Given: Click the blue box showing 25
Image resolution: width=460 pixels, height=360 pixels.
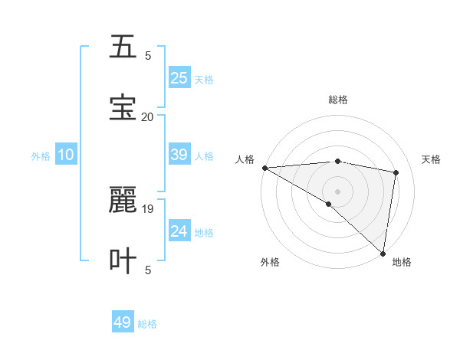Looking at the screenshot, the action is point(179,77).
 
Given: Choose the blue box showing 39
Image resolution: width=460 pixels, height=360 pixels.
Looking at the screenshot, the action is point(179,155).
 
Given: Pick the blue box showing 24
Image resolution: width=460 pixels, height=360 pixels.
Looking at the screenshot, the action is point(179,231).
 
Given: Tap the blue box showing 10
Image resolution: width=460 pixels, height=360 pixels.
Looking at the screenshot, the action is point(66,155).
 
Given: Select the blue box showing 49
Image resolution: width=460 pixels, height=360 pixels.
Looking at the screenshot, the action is point(123,322).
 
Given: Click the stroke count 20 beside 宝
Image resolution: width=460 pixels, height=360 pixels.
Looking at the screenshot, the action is point(147,116).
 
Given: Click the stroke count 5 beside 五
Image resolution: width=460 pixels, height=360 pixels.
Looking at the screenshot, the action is point(148,55).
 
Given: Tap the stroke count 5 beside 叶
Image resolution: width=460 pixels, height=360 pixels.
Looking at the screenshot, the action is point(148,270).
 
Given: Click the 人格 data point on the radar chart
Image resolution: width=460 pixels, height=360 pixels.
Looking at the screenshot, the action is point(264,168).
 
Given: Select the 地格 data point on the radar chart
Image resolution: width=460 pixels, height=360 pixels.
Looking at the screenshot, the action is point(383,253).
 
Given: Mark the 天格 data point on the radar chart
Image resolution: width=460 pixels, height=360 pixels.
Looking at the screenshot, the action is point(396,172).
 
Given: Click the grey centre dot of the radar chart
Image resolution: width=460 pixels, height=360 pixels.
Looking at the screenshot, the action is point(337,191).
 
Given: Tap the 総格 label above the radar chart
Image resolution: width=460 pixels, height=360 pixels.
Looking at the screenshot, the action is point(338,100).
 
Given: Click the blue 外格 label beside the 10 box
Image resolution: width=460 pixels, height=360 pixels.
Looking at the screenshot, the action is point(41,155).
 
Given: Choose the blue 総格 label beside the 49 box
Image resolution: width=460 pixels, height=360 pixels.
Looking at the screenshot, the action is point(147,324).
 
